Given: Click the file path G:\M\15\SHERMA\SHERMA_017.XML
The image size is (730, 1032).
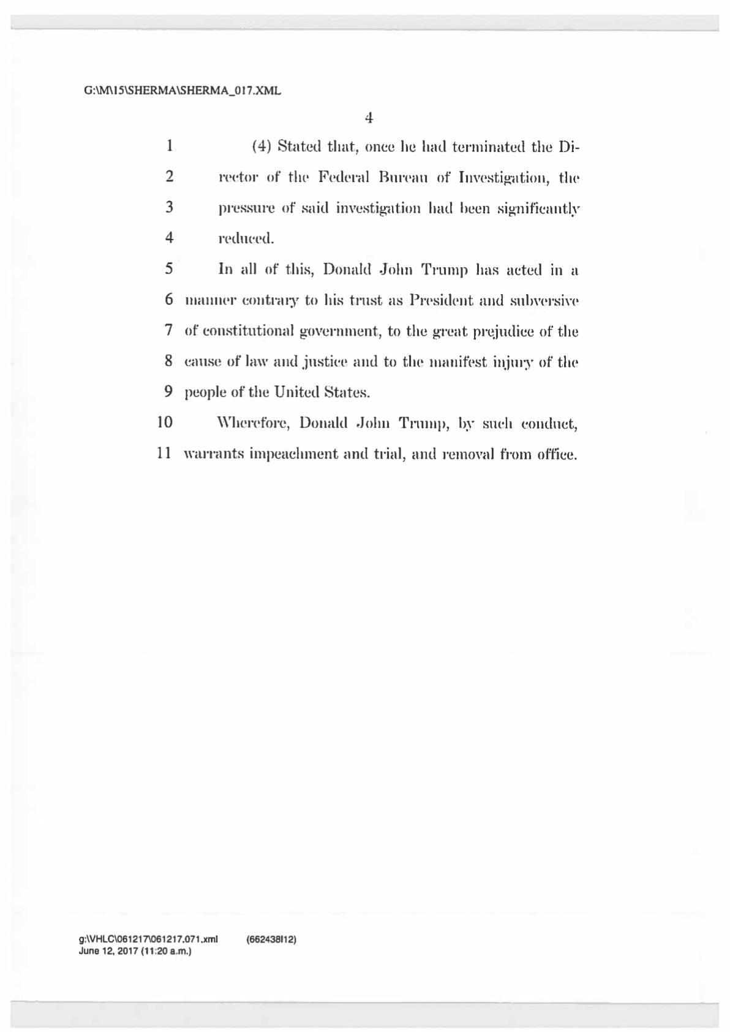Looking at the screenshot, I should [x=182, y=91].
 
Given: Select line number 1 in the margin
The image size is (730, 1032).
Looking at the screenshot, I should [x=169, y=146].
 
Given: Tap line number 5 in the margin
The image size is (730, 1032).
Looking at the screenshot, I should [x=169, y=268].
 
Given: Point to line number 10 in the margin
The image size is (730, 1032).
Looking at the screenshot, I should [x=165, y=422].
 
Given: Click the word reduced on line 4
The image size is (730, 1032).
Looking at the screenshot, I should [x=246, y=239].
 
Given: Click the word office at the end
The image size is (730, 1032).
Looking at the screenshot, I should [x=555, y=455].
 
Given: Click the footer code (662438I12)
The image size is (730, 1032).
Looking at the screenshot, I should [x=271, y=938].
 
